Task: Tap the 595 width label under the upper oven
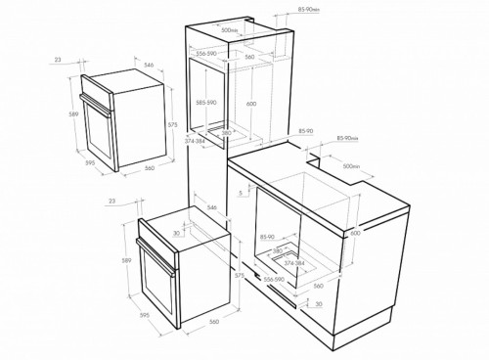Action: point(90,163)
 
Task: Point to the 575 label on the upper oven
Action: point(171,124)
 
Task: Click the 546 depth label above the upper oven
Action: point(149,65)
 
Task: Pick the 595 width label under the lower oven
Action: point(145,314)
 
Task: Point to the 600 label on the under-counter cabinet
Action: point(355,231)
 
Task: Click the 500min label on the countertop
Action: point(353,166)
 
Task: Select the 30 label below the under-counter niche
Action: point(319,305)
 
